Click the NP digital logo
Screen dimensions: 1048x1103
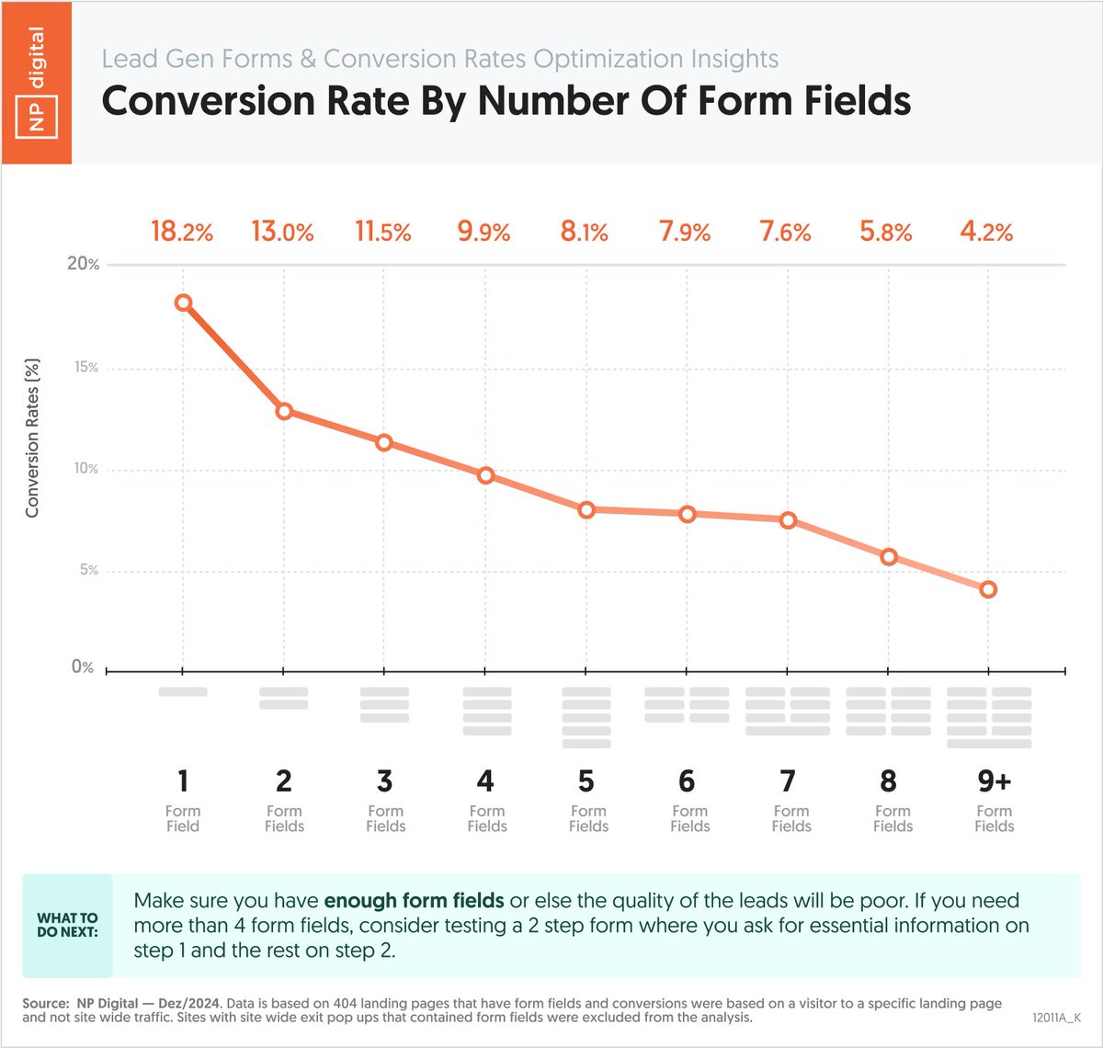[37, 83]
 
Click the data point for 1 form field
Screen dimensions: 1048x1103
[183, 302]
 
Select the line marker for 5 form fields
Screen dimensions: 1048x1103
[586, 509]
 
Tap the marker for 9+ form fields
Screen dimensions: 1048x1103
[988, 589]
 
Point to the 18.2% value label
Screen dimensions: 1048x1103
[182, 232]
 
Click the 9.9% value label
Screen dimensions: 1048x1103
[483, 232]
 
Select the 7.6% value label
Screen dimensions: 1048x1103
[785, 232]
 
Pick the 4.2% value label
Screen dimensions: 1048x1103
[986, 232]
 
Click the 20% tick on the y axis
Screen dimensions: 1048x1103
[84, 264]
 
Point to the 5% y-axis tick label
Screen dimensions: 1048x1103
[87, 570]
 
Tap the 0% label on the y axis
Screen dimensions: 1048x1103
[83, 667]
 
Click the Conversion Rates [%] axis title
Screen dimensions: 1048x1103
[32, 437]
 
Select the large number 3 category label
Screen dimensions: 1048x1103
[384, 781]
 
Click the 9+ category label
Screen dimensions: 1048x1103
[994, 781]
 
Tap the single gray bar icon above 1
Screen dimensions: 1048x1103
[183, 691]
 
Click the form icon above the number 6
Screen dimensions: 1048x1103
[687, 704]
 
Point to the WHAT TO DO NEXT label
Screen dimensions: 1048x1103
[67, 925]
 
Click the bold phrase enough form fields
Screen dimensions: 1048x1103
[414, 901]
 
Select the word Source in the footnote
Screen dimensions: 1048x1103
[44, 1003]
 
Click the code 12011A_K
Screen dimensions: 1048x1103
[1056, 1018]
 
